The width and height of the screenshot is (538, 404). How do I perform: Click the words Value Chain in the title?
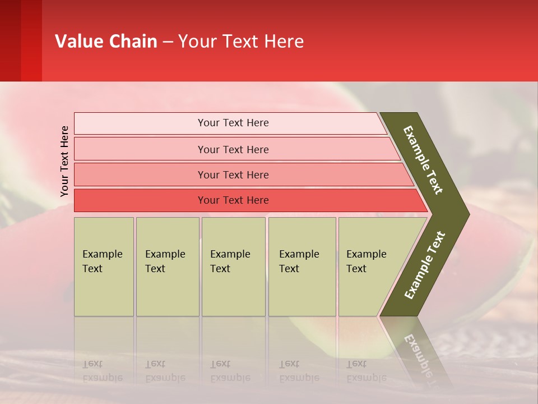point(106,42)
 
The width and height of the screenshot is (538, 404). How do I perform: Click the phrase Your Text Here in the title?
point(241,42)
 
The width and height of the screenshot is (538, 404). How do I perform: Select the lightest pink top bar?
point(140,123)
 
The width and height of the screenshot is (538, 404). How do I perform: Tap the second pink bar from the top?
point(140,149)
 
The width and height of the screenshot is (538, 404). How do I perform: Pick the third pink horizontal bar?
point(140,175)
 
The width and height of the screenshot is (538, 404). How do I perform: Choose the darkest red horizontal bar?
point(140,200)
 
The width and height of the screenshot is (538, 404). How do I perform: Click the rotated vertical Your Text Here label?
point(64,161)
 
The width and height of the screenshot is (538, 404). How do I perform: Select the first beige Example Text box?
point(104,267)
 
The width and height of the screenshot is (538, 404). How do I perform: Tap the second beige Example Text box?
point(167,267)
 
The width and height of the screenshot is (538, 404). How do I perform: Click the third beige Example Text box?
point(233,267)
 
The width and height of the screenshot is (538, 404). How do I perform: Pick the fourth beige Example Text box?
point(302,267)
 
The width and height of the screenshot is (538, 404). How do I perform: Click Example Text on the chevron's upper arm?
point(423,160)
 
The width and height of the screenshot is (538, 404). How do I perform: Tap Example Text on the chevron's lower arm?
point(424,265)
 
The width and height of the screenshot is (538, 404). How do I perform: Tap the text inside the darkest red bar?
point(233,200)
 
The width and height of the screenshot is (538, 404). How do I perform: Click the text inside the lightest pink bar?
point(233,123)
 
